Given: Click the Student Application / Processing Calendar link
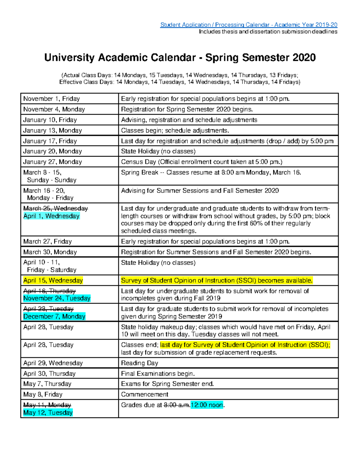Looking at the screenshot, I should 249,25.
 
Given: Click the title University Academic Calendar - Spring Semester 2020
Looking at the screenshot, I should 180,57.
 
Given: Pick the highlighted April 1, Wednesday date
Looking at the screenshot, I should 51,216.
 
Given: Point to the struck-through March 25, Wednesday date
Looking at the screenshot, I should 55,208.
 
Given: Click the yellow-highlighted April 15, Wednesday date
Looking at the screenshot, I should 53,281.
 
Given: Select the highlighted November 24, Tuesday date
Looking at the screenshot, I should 57,298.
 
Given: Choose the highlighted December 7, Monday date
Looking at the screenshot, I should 54,317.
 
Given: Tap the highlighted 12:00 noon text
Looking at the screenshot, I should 207,405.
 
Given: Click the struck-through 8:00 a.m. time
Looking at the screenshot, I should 177,405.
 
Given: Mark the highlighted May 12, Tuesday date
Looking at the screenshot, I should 48,413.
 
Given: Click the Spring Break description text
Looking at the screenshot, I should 211,173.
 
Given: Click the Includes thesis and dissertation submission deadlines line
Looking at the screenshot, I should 268,32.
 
